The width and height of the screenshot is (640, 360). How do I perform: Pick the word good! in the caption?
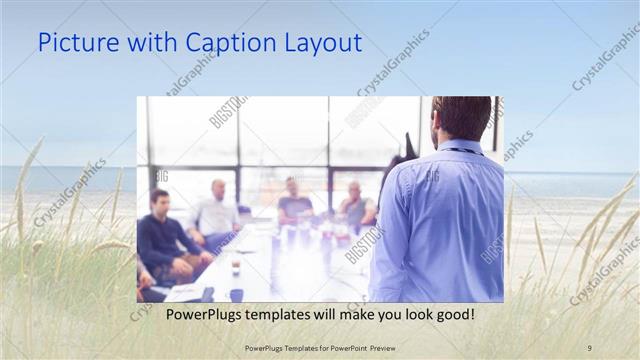point(451,314)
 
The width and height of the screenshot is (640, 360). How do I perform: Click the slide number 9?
point(589,347)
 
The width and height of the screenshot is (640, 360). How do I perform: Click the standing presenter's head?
point(462,118)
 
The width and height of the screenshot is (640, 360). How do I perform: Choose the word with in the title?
point(152,43)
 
